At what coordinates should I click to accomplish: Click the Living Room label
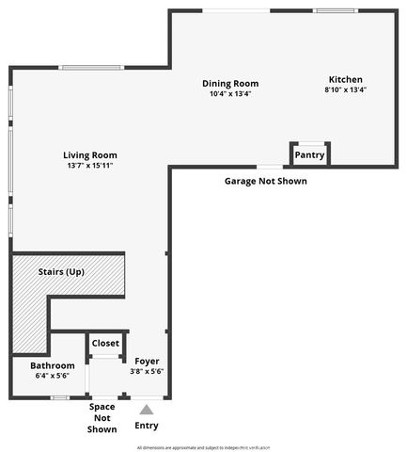(x=90, y=155)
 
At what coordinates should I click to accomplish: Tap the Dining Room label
(x=230, y=83)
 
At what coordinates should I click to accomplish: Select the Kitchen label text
(x=345, y=79)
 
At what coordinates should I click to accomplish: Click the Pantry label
(x=309, y=154)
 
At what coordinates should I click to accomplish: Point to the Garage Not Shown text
(x=265, y=181)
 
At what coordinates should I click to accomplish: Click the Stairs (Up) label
(x=62, y=271)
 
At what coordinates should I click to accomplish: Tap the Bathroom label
(x=52, y=365)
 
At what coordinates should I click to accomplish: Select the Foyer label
(x=147, y=360)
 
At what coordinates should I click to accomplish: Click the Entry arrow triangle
(x=145, y=409)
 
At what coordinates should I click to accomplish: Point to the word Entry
(x=146, y=424)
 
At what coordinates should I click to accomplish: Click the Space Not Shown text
(x=102, y=418)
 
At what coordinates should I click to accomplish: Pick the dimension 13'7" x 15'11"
(x=90, y=167)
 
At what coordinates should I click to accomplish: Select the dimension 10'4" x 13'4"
(x=230, y=93)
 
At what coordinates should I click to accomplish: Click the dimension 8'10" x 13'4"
(x=345, y=90)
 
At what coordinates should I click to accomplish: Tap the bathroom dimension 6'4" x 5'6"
(x=52, y=376)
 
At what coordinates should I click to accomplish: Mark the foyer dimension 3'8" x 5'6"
(x=147, y=371)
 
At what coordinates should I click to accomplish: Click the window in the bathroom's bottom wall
(x=60, y=397)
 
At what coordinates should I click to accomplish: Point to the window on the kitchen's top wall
(x=337, y=11)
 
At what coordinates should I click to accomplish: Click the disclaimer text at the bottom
(x=203, y=446)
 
